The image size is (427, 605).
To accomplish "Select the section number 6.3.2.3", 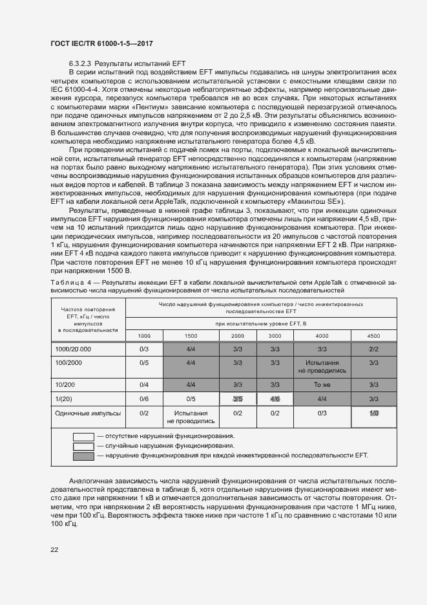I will [80, 63].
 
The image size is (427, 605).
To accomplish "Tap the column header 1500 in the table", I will [191, 336].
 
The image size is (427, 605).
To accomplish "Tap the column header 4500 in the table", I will [373, 336].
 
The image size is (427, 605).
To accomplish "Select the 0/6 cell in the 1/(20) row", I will [144, 399].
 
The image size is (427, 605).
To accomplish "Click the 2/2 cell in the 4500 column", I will [373, 349].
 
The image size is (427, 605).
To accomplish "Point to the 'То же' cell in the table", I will [322, 384].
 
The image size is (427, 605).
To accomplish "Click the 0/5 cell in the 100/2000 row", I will [144, 363].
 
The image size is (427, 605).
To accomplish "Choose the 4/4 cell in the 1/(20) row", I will [322, 399].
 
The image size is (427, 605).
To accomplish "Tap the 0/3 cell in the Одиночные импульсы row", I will [322, 413].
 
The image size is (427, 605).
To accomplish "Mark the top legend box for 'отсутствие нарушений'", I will [83, 436].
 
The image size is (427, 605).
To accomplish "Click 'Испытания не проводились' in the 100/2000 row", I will [322, 367].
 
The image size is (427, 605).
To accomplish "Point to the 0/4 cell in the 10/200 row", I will [144, 384].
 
